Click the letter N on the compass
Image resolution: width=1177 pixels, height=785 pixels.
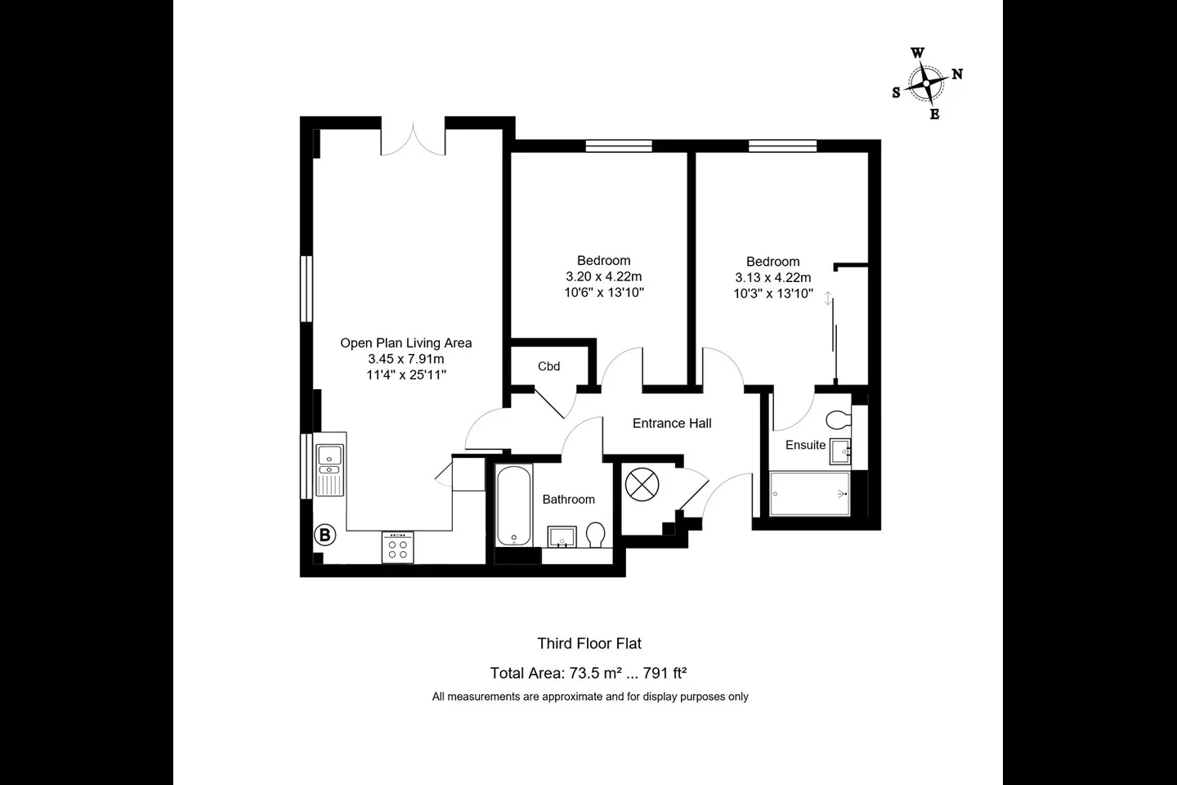pyautogui.click(x=957, y=74)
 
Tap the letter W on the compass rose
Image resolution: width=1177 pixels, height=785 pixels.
pyautogui.click(x=917, y=53)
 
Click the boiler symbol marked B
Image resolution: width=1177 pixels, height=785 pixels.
pyautogui.click(x=324, y=536)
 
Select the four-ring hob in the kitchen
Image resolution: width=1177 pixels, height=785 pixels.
pyautogui.click(x=398, y=547)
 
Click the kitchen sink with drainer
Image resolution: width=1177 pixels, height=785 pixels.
pyautogui.click(x=330, y=470)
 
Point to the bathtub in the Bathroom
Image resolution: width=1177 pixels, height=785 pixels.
pyautogui.click(x=514, y=505)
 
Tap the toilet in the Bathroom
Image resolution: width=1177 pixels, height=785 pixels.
pyautogui.click(x=595, y=535)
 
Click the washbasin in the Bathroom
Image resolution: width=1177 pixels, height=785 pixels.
pyautogui.click(x=562, y=537)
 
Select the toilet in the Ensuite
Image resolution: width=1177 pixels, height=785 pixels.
pyautogui.click(x=839, y=420)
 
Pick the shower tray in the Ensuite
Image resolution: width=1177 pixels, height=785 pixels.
pyautogui.click(x=810, y=494)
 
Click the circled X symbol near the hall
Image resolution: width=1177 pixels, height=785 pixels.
pyautogui.click(x=642, y=484)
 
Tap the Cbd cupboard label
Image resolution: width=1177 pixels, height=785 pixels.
pyautogui.click(x=548, y=366)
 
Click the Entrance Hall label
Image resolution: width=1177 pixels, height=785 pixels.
pyautogui.click(x=672, y=424)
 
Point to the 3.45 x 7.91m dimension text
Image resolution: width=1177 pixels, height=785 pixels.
pyautogui.click(x=406, y=359)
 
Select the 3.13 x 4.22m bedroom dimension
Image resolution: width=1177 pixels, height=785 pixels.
pyautogui.click(x=773, y=278)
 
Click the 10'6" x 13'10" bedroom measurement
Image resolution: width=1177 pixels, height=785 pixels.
pyautogui.click(x=604, y=293)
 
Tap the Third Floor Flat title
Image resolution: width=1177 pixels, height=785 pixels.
pyautogui.click(x=589, y=644)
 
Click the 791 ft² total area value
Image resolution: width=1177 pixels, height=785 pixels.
pyautogui.click(x=665, y=673)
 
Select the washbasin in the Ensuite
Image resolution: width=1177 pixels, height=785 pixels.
pyautogui.click(x=839, y=451)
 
